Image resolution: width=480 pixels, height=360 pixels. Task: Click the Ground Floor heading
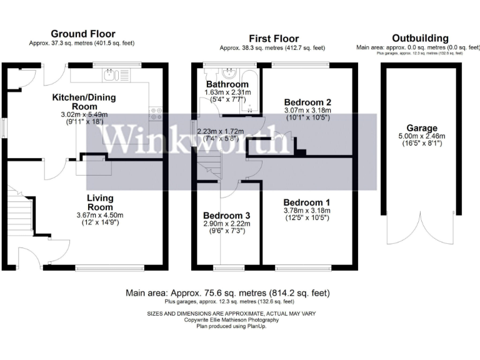click(81, 34)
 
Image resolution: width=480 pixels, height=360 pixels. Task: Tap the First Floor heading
click(274, 39)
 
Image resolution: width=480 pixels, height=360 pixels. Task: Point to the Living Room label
click(100, 202)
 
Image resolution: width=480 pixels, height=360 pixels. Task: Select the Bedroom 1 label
click(307, 203)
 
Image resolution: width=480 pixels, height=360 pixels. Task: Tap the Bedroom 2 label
click(307, 102)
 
